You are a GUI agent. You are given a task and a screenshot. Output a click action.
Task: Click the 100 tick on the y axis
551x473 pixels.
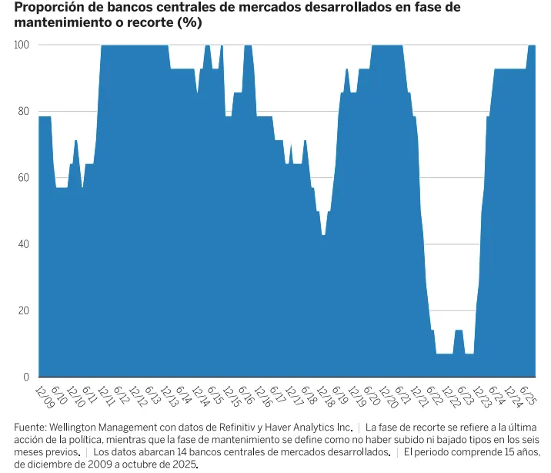22,45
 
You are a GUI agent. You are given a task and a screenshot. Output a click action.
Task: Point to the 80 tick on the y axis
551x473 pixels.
24,111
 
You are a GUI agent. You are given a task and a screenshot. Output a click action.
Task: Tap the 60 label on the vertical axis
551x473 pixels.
24,178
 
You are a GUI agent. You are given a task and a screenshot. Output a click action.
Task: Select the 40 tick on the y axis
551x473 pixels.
24,244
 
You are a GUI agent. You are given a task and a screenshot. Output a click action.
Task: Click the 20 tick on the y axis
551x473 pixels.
24,310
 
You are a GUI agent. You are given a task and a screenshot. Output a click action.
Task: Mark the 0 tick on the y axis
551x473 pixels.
26,377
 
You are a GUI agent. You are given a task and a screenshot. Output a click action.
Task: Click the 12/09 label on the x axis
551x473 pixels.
44,396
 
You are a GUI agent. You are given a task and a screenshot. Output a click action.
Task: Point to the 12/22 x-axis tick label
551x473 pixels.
449,396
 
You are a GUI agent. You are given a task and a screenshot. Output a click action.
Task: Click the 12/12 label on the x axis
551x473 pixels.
137,396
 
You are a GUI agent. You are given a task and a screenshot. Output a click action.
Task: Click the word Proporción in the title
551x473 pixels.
47,8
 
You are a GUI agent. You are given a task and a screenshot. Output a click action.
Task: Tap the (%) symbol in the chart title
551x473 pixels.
189,23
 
